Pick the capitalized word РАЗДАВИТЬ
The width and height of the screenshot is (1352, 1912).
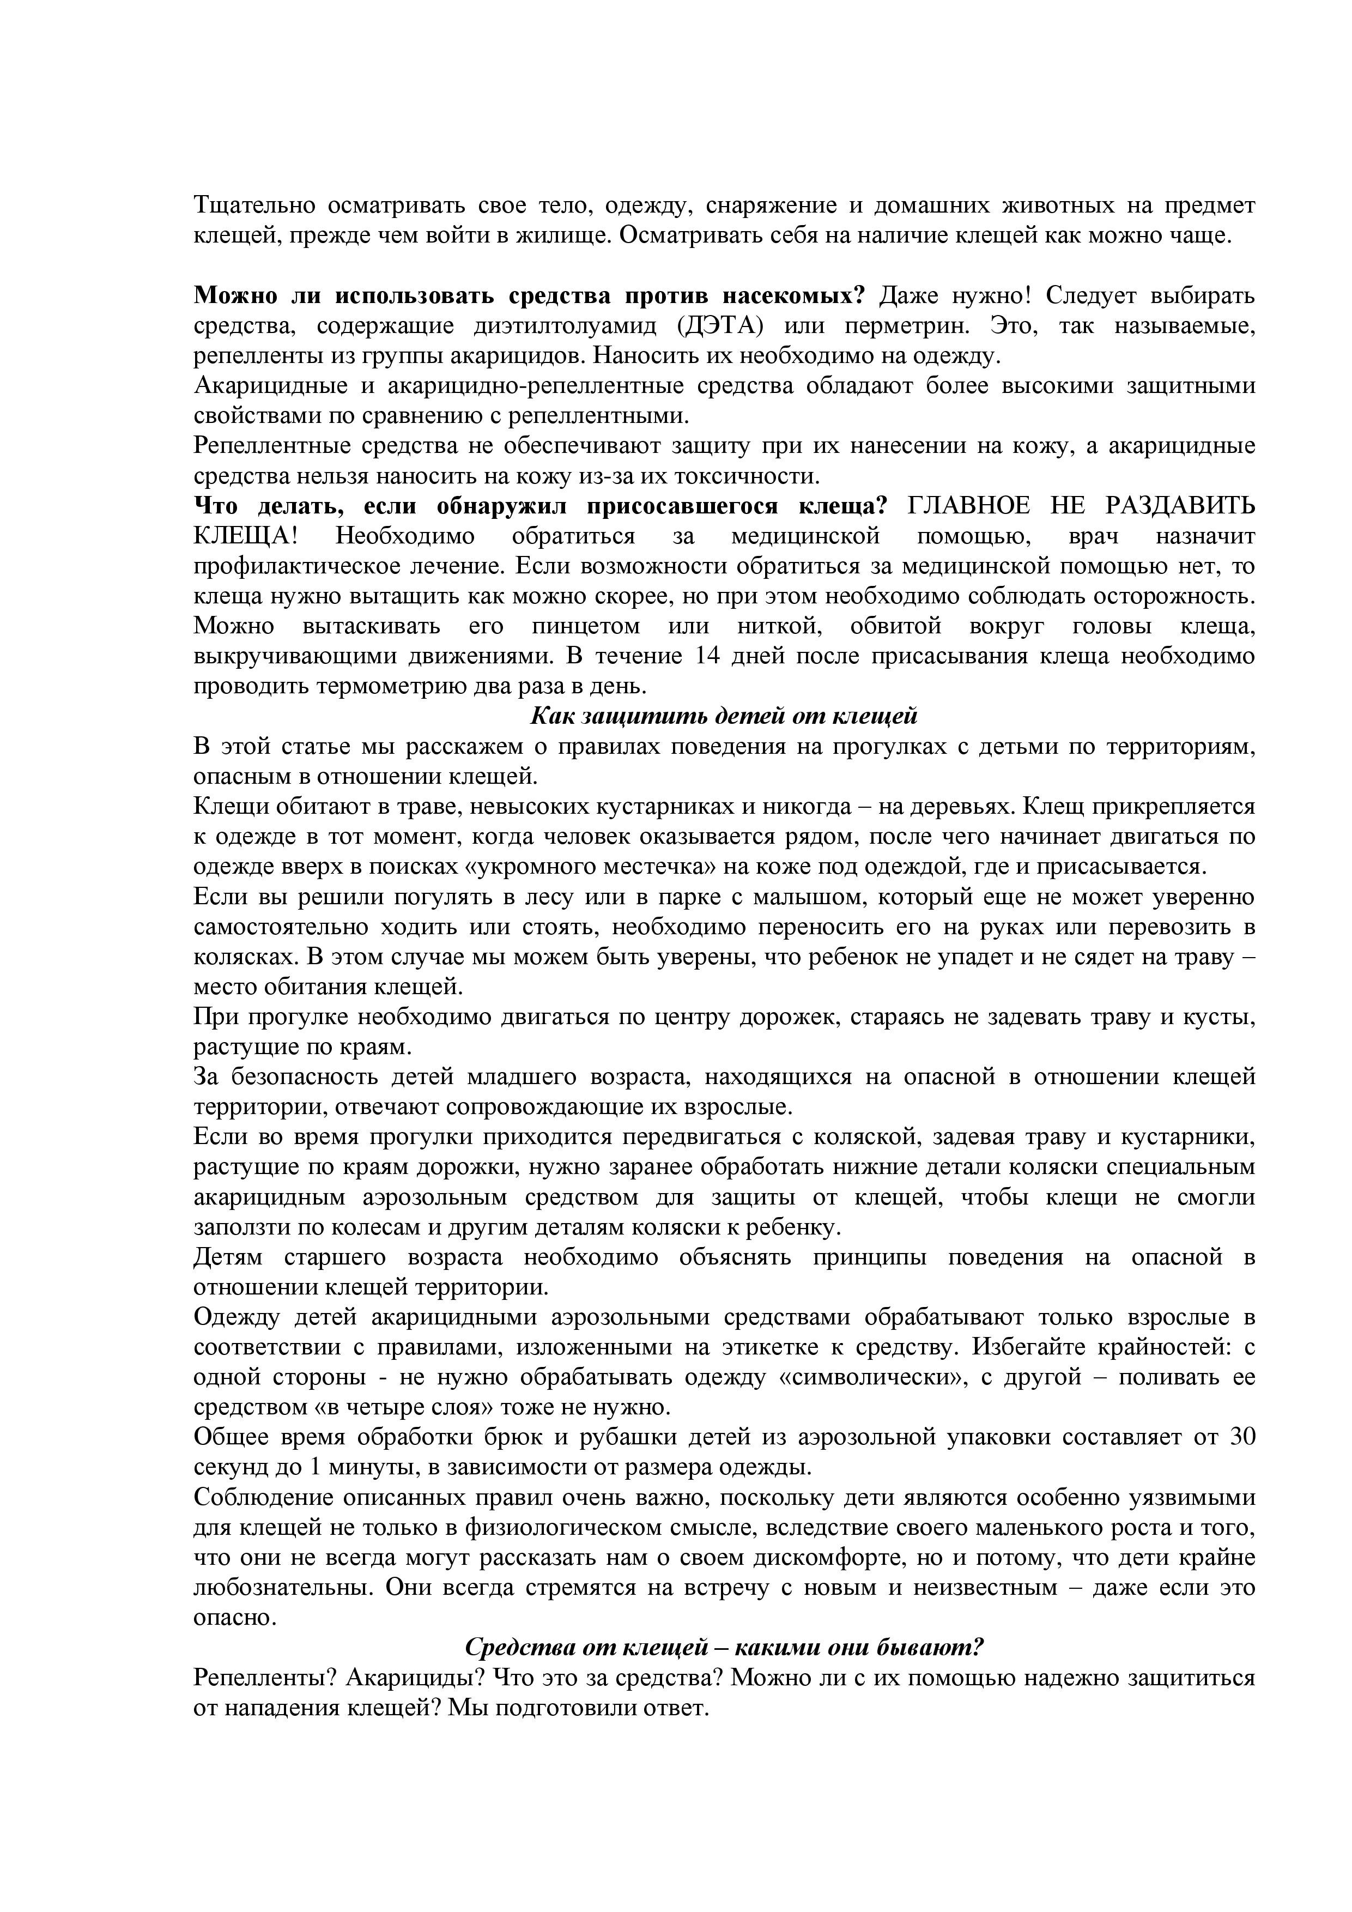pyautogui.click(x=1180, y=505)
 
